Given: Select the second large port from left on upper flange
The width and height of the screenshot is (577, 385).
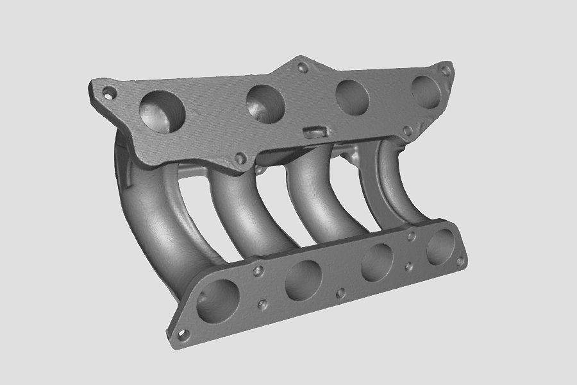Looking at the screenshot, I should (x=265, y=103).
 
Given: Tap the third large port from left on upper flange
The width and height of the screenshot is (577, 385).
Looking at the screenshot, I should (x=352, y=97).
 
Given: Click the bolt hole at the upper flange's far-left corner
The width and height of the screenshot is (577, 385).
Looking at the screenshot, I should (x=109, y=92).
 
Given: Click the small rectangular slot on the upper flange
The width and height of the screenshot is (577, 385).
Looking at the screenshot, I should (x=316, y=131).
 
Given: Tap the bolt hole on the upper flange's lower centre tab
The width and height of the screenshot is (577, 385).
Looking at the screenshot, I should (x=240, y=158).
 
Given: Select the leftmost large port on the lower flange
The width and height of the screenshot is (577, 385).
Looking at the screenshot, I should (x=217, y=301).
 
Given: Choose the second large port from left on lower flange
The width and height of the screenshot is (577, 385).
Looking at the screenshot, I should (x=303, y=280).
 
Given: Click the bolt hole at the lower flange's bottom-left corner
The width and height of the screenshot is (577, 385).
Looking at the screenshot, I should (x=184, y=335).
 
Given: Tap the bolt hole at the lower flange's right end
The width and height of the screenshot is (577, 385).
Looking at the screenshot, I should (x=460, y=261).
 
